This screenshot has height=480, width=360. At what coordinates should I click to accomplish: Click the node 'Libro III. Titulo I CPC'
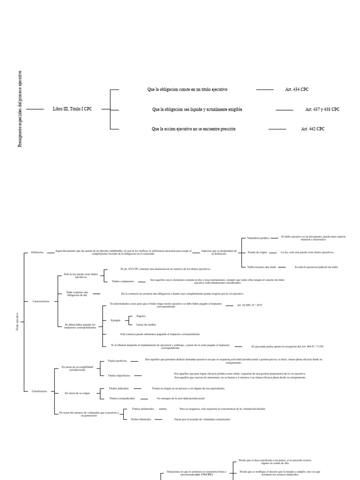pos(73,109)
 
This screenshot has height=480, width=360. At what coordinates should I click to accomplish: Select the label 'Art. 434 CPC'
pos(297,89)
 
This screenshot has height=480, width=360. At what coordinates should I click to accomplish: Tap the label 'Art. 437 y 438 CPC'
pos(322,109)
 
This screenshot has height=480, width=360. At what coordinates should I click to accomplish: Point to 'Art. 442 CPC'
pos(313,128)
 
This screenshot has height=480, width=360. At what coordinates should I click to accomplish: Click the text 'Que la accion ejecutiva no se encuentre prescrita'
pos(194,128)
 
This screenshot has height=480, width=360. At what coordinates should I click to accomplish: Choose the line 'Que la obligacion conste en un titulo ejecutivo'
pos(190,89)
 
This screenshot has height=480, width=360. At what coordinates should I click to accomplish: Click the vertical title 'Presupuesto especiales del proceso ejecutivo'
pos(20,109)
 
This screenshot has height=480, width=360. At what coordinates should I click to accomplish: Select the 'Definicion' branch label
pos(37,252)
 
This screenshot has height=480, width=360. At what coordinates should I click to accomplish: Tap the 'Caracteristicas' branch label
pos(41,301)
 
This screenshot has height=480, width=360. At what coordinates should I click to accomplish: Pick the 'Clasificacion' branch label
pos(39,391)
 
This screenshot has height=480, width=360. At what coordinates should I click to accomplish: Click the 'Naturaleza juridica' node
pos(258,238)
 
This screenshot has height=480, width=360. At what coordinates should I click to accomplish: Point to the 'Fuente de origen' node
pos(256,252)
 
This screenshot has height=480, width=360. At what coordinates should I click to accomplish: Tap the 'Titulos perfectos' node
pos(117,361)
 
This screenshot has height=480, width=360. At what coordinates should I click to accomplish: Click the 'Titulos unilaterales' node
pos(142,409)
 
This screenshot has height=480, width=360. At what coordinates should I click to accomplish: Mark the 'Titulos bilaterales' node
pos(141,419)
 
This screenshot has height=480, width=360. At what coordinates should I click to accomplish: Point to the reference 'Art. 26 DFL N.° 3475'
pos(249,305)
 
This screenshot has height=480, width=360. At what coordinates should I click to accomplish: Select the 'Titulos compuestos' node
pos(123,281)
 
